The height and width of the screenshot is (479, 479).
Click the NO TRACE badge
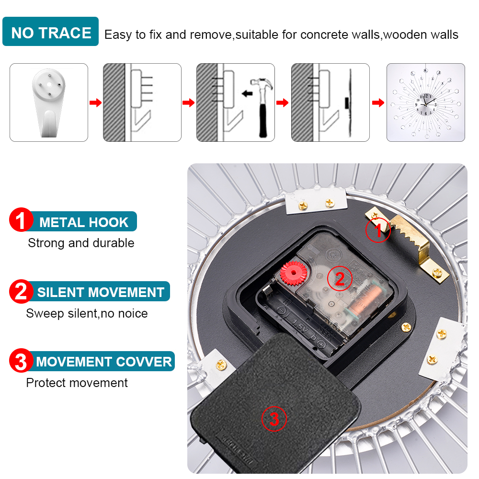[x=50, y=32]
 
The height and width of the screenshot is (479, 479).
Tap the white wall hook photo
[x=48, y=103]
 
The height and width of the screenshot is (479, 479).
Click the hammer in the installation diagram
[x=262, y=107]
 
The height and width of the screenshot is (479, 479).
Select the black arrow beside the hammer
[x=247, y=93]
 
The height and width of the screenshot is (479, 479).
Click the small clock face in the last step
[x=425, y=104]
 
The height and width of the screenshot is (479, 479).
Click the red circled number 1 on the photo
[x=378, y=230]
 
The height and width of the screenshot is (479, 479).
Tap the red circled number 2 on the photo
[x=340, y=278]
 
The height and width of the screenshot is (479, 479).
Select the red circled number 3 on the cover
[x=274, y=419]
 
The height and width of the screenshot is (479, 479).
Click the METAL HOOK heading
[x=84, y=222]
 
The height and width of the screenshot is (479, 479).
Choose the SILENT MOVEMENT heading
[x=101, y=292]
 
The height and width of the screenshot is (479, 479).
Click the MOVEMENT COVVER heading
[x=103, y=362]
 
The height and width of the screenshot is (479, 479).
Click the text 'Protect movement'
[x=77, y=383]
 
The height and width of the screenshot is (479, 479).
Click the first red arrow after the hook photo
[x=96, y=103]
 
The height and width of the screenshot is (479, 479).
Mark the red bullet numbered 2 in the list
[x=21, y=291]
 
